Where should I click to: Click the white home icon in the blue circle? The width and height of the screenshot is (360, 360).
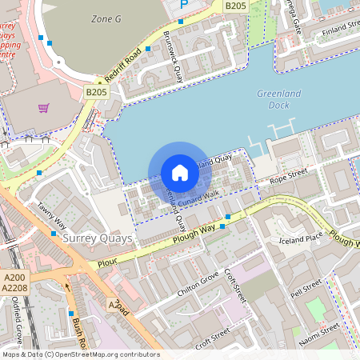point(180,173)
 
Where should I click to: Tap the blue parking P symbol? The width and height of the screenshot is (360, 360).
point(184,4)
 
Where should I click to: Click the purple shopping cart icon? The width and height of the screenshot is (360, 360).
point(43,108)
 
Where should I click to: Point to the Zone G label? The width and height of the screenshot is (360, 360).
point(106,18)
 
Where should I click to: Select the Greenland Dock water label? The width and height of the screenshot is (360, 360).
point(279,99)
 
